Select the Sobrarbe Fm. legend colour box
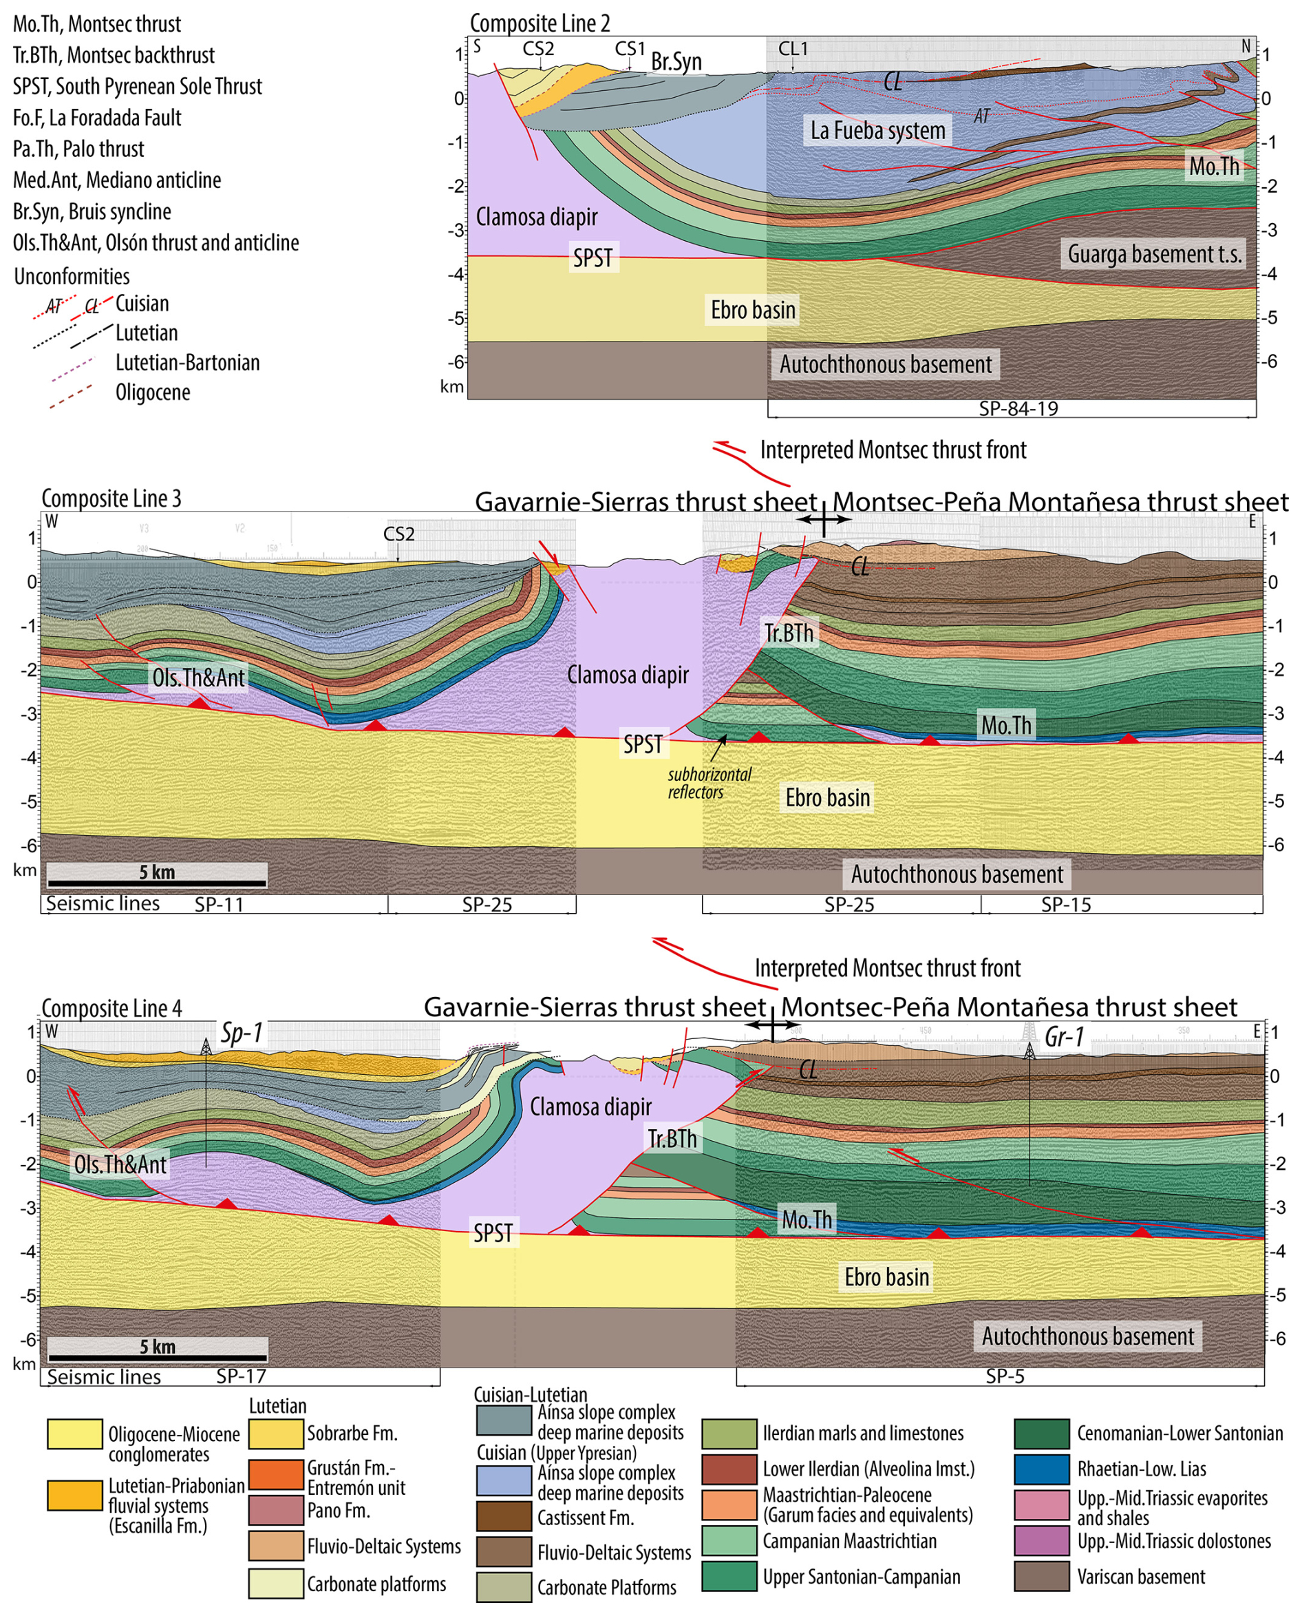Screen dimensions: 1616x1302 coord(276,1434)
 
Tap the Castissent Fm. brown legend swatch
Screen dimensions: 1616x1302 coord(504,1516)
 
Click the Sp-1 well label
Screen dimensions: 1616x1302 coord(242,1033)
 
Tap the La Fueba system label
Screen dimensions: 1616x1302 coord(877,131)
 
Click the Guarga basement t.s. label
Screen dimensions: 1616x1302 coord(1154,254)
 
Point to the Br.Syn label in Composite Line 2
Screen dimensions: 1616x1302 coord(676,61)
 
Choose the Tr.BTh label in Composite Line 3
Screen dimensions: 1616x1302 coord(788,633)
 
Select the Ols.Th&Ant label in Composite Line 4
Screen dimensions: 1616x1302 coord(120,1164)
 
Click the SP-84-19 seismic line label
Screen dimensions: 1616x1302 coord(1018,409)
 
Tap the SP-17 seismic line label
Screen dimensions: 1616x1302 coord(241,1376)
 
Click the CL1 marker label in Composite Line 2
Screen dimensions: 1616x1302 coord(793,49)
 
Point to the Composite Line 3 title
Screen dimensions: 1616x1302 coord(111,498)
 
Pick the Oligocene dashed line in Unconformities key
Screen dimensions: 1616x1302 coord(72,397)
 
